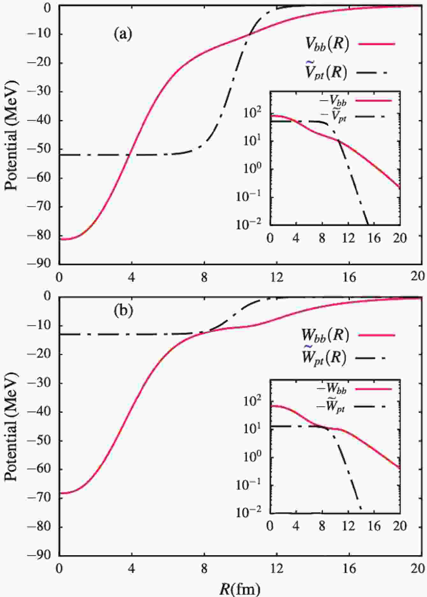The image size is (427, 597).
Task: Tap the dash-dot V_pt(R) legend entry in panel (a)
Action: click(x=326, y=72)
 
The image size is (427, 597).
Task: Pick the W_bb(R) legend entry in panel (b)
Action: click(x=325, y=335)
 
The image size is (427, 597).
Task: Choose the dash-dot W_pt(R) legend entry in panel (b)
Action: click(x=324, y=358)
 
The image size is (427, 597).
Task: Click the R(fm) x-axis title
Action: click(x=240, y=589)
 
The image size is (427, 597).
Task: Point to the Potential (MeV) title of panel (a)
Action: click(x=11, y=135)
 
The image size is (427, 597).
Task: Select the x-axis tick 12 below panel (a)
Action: click(x=277, y=277)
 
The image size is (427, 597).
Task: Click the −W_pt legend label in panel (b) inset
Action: click(x=330, y=408)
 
